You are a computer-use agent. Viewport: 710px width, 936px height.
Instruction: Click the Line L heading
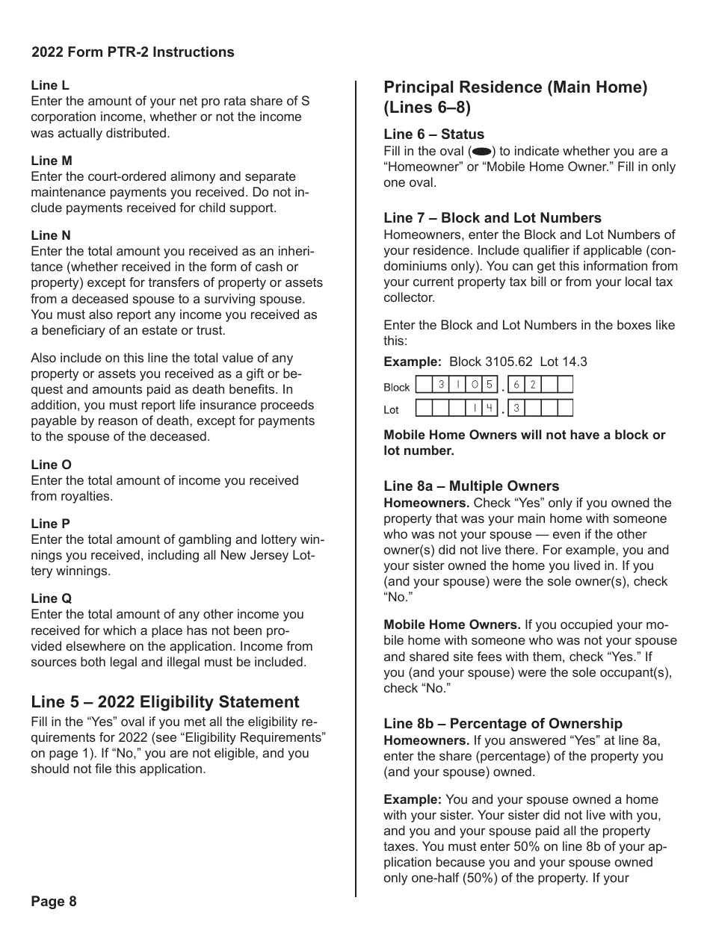point(50,86)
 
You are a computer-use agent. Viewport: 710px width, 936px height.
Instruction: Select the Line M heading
point(52,161)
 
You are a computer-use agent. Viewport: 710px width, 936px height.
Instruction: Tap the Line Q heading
point(52,598)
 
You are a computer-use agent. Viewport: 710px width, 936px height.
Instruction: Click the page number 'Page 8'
point(54,901)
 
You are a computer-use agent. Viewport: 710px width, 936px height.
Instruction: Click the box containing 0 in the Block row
point(474,385)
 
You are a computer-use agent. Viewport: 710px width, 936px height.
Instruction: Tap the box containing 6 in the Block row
point(516,385)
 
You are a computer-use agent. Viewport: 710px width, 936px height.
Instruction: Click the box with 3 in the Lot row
point(516,408)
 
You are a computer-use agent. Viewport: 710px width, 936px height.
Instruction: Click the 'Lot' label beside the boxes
point(391,410)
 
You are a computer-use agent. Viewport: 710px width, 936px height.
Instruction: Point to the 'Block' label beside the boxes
point(397,387)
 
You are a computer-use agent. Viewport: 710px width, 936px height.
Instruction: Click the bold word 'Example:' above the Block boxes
point(413,362)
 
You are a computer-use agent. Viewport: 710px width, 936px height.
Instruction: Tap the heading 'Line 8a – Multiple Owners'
point(471,486)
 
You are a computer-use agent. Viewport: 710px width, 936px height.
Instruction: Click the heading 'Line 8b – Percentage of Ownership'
point(502,723)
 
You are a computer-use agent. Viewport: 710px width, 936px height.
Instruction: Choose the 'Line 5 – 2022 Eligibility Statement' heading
point(165,702)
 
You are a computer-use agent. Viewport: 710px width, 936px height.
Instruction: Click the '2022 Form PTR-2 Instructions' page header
point(133,52)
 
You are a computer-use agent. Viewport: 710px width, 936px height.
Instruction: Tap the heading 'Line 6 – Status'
point(433,134)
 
